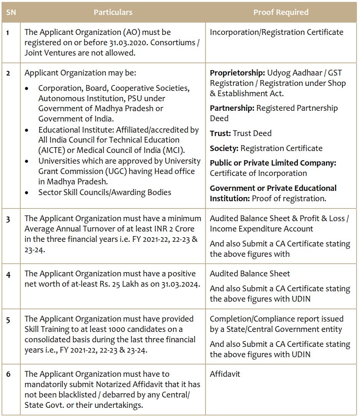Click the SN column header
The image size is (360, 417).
point(11,12)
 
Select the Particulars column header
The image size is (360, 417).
point(113,12)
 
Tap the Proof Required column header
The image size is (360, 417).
point(281,12)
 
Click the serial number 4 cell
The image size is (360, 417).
point(8,274)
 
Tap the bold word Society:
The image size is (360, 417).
point(224,148)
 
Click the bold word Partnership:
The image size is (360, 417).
point(232,108)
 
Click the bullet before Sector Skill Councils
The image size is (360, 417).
point(26,193)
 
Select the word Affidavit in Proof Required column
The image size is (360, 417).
point(225,374)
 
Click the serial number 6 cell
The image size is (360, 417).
point(8,374)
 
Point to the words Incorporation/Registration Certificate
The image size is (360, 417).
point(276,32)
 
